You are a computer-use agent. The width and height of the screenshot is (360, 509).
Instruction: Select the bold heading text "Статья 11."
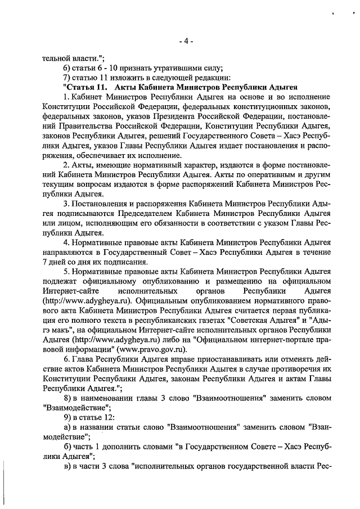coord(85,87)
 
